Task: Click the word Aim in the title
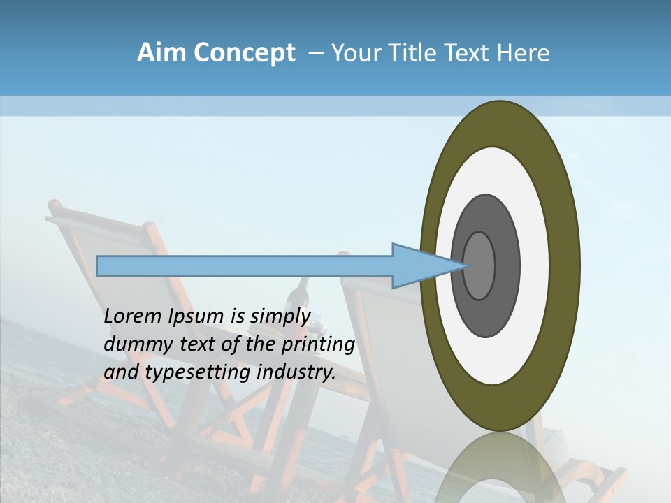pyautogui.click(x=161, y=53)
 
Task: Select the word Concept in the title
pyautogui.click(x=244, y=54)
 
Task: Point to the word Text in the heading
pyautogui.click(x=468, y=53)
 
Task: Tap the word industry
pyautogui.click(x=296, y=372)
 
